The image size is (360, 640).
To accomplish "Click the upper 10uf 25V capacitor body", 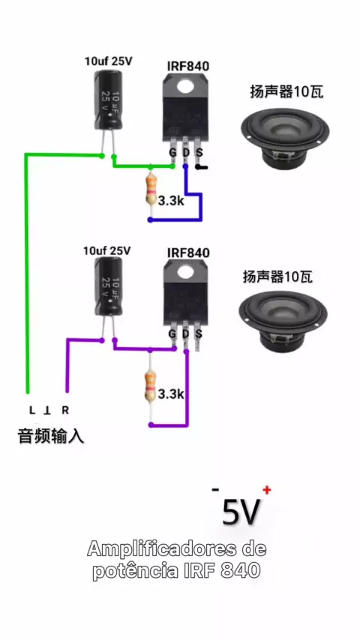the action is [108, 100].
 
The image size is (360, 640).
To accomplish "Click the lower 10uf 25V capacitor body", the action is [108, 286].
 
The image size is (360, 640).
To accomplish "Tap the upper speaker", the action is [285, 135].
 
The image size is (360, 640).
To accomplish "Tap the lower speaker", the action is [283, 321].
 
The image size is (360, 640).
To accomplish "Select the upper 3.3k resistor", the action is [151, 189].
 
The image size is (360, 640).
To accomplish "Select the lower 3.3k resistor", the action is [151, 384].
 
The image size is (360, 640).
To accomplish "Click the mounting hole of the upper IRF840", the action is [186, 85].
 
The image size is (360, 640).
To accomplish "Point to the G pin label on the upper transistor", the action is [172, 153].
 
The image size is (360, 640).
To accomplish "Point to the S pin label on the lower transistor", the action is [199, 334].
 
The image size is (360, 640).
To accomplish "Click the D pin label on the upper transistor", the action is [186, 153].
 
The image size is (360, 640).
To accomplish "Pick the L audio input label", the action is [31, 410].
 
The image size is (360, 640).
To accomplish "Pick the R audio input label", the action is [65, 410].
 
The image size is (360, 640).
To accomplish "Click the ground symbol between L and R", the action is [48, 410].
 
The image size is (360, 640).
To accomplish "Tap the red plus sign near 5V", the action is [267, 489].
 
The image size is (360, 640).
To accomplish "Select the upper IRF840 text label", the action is [188, 66].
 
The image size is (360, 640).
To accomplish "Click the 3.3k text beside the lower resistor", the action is [171, 394].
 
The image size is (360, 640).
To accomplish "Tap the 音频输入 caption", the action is [51, 436].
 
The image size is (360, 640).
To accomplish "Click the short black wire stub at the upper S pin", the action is [202, 167].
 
